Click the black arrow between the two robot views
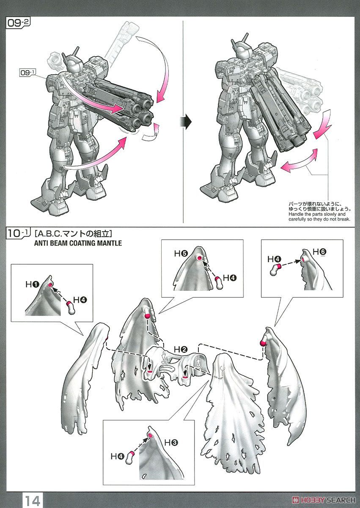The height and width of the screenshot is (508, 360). (186, 121)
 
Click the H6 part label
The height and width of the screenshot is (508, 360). (319, 252)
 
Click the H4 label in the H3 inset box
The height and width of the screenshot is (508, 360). (118, 456)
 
